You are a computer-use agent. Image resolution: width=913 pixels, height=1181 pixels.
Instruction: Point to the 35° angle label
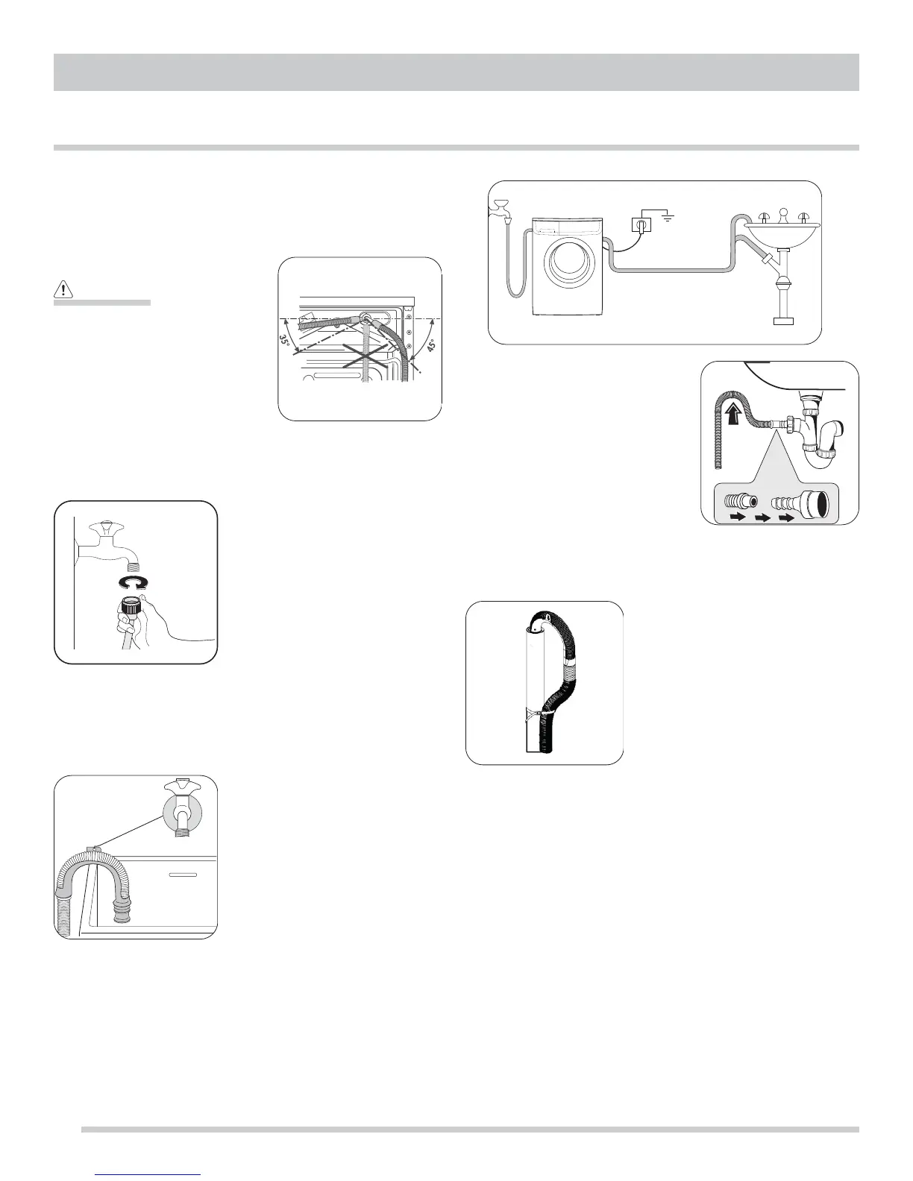pyautogui.click(x=285, y=341)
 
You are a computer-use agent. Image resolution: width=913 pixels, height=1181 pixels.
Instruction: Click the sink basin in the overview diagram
pyautogui.click(x=782, y=230)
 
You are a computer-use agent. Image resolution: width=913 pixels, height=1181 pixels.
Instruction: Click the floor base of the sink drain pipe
pyautogui.click(x=782, y=321)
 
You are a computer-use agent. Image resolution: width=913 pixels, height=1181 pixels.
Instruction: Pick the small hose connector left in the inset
pyautogui.click(x=738, y=506)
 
